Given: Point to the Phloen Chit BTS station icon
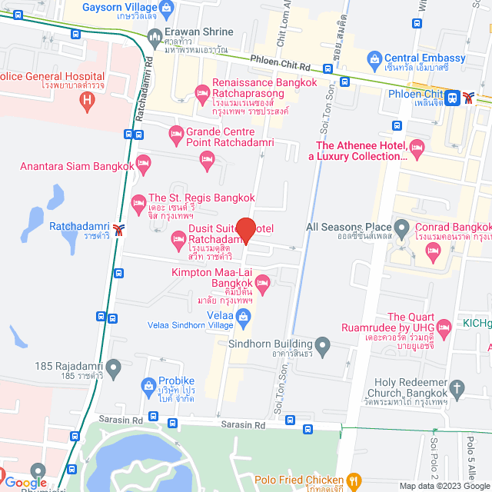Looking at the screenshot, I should pos(453,97).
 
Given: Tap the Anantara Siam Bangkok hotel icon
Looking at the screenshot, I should pos(142,163).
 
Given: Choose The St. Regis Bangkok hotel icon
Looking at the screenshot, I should pos(138,203).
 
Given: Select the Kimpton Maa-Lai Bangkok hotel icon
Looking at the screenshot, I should pos(261,283).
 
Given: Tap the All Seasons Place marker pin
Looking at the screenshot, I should pos(401,227).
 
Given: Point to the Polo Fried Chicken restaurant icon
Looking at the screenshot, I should pos(354,480).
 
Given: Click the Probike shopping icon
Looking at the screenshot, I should pos(148,384).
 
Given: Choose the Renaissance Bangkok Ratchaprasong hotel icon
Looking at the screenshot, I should pos(203,93).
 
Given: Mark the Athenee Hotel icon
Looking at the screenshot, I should pos(417,146).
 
